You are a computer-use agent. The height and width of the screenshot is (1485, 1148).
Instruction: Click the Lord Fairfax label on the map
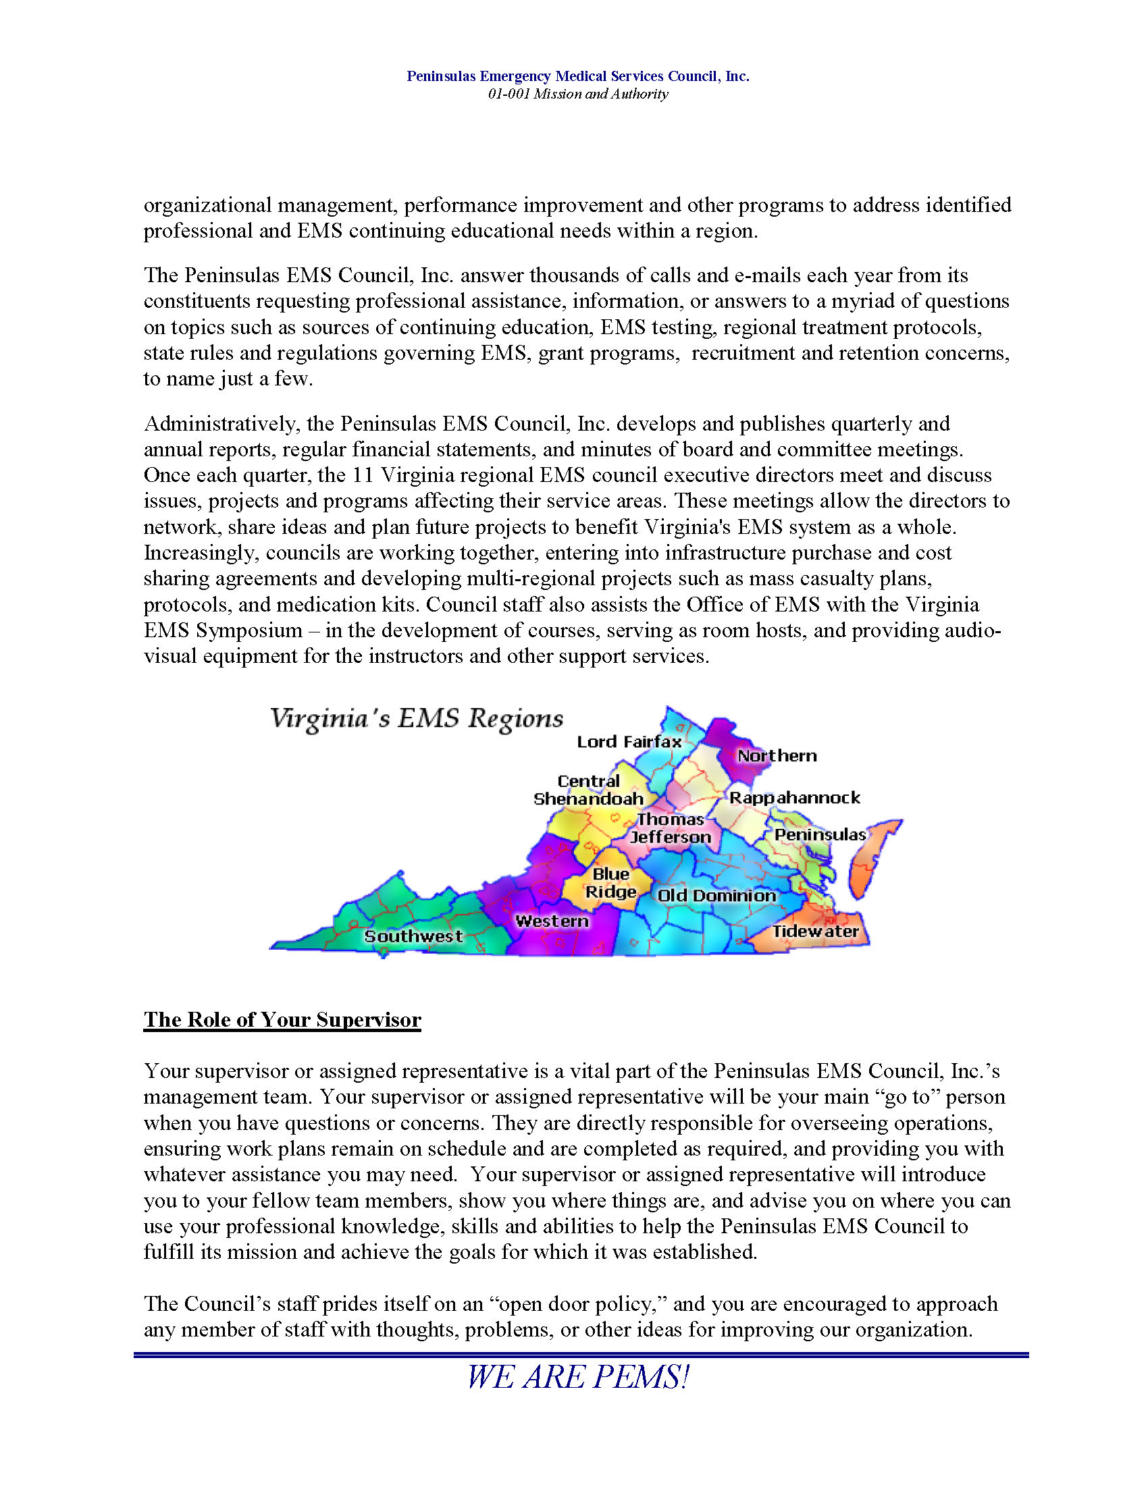(x=629, y=742)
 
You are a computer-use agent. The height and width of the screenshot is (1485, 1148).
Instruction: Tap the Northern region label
(x=777, y=755)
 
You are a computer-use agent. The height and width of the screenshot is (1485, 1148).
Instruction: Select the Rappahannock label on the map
(x=794, y=798)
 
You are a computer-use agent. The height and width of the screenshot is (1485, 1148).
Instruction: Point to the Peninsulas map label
(x=820, y=834)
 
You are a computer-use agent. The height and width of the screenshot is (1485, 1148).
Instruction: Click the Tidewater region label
(x=815, y=931)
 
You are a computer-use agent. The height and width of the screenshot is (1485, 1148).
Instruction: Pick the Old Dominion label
(x=716, y=896)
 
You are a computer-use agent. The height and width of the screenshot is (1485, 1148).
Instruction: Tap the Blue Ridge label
(x=610, y=883)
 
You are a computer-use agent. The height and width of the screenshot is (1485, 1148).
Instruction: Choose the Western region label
(x=552, y=921)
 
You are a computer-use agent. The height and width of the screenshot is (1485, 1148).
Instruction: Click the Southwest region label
(x=413, y=936)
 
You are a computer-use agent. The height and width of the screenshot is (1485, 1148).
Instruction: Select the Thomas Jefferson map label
(x=670, y=828)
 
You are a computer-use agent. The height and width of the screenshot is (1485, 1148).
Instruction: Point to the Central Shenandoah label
(x=588, y=790)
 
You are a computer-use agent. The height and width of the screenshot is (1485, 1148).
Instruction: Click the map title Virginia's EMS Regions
(x=416, y=719)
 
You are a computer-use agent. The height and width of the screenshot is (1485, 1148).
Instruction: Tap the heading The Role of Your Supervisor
(x=282, y=1019)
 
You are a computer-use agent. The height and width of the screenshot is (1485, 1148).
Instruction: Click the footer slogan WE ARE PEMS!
(x=577, y=1378)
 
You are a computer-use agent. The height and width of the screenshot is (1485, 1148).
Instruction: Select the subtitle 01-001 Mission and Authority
(x=577, y=94)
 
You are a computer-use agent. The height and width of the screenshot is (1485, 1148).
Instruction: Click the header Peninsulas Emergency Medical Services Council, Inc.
(x=577, y=76)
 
